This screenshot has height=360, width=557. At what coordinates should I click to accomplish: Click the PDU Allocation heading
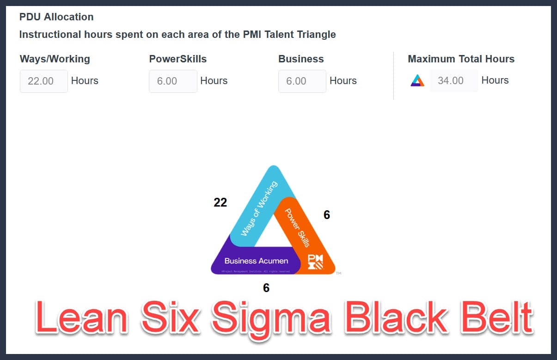(56, 17)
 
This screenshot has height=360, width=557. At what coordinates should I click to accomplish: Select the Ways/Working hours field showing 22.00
(43, 81)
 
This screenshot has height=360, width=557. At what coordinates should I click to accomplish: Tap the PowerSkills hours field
(172, 81)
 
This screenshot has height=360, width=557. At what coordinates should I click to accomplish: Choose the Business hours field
(302, 81)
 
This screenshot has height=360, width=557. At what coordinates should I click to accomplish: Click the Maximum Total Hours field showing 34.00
(453, 81)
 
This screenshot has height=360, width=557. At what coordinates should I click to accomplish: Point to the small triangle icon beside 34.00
(417, 80)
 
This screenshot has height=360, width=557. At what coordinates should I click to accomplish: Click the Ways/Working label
(55, 59)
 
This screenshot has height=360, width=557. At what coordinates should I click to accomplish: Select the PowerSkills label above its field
(178, 59)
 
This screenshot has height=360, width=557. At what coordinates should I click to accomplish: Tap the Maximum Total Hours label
(461, 59)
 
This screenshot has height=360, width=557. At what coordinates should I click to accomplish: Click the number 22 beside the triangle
(220, 202)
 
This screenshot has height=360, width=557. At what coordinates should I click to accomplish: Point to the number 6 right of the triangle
(327, 215)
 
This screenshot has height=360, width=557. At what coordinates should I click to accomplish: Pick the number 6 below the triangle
(266, 288)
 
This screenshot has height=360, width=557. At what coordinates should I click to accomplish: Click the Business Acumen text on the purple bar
(256, 261)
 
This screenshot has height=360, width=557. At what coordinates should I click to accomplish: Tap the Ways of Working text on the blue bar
(259, 209)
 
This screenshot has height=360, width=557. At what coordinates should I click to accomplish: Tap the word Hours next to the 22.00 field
(85, 81)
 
